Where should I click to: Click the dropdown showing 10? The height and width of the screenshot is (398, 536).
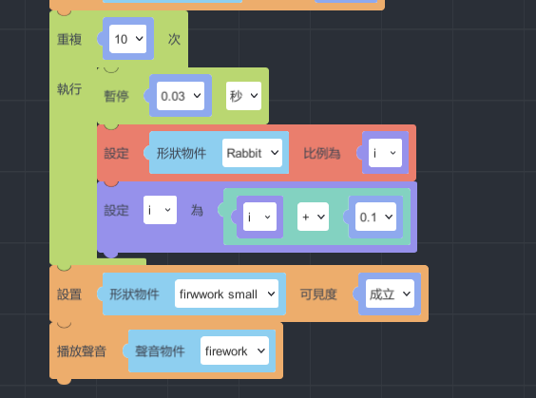click(x=128, y=39)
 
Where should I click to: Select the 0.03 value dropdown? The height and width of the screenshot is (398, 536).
click(x=181, y=96)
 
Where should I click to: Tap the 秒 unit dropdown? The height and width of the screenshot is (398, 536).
click(x=243, y=96)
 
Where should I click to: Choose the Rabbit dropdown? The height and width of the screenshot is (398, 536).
click(x=252, y=153)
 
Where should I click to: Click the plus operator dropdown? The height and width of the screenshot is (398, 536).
click(x=313, y=217)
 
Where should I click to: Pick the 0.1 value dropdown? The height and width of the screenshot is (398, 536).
click(x=375, y=217)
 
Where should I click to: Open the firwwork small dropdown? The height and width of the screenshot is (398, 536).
click(x=226, y=294)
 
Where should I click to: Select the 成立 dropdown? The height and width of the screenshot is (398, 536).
click(x=390, y=294)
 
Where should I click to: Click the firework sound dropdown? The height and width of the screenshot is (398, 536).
click(x=235, y=351)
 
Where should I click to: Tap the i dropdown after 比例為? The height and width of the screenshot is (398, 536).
click(x=385, y=153)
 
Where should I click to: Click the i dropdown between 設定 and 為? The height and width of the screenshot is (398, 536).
click(x=160, y=210)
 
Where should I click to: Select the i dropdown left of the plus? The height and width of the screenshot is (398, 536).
click(x=259, y=217)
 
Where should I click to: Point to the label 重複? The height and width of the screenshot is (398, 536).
click(x=69, y=39)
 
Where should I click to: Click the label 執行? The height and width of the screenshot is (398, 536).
click(x=69, y=89)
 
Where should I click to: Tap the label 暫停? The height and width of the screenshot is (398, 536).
click(x=117, y=96)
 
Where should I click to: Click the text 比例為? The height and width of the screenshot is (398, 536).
click(x=322, y=153)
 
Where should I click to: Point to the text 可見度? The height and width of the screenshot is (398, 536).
click(x=318, y=294)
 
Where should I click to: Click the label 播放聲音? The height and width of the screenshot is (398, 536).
click(x=82, y=351)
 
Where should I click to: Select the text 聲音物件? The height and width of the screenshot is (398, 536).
click(x=160, y=351)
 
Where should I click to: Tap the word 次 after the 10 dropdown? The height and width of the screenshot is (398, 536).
click(x=174, y=39)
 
